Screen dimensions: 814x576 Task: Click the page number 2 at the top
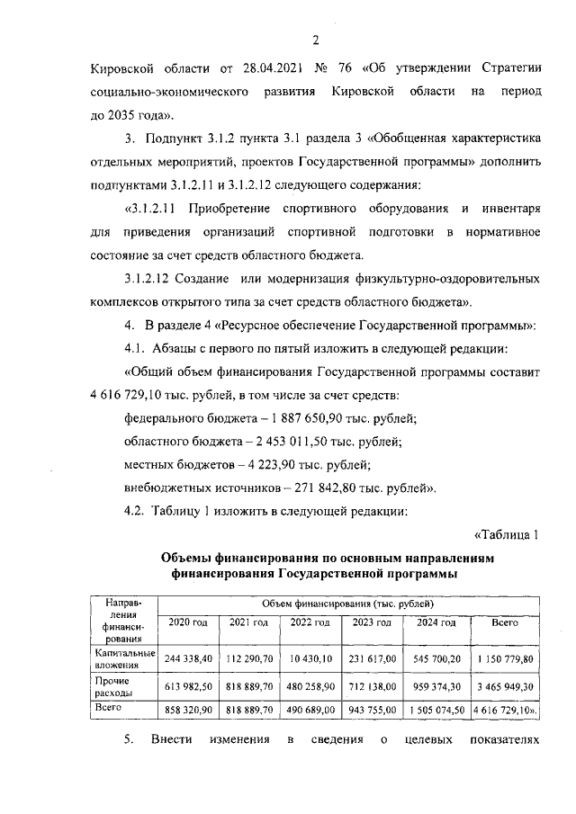tap(316, 40)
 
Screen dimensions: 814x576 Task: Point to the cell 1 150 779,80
tap(504, 658)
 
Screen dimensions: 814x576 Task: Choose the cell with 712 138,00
tap(372, 686)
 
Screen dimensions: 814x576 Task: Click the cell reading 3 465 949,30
tap(504, 686)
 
